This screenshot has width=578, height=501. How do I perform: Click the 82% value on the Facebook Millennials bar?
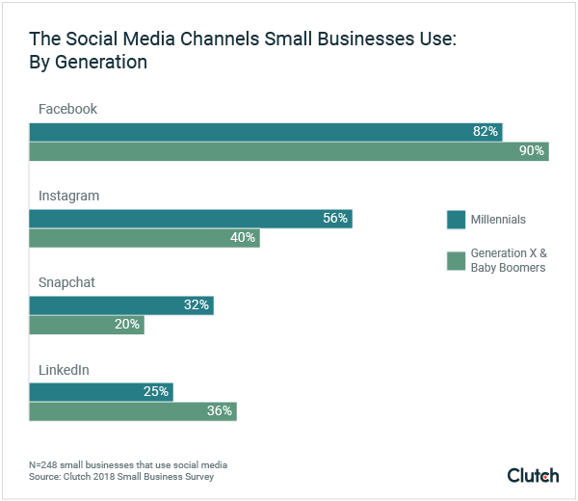tap(485, 132)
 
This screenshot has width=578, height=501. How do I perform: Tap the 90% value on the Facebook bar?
tap(532, 151)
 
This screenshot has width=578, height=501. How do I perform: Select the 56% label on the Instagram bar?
tap(334, 219)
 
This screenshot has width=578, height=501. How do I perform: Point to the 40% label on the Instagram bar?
tap(243, 238)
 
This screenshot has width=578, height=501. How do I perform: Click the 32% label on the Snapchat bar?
tap(196, 305)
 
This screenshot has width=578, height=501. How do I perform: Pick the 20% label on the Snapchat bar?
tap(127, 325)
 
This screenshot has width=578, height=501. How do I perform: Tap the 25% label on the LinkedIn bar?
tap(156, 392)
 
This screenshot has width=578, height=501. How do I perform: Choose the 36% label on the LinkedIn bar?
tap(219, 411)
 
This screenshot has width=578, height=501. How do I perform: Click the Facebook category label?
tap(67, 109)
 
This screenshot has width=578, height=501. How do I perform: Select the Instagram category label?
tap(68, 196)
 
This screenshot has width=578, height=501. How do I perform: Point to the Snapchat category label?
tap(66, 282)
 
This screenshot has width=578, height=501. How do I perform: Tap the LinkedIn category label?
tap(66, 369)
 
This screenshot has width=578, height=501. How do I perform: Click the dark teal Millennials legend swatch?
tap(457, 220)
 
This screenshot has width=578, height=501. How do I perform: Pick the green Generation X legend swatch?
tap(457, 260)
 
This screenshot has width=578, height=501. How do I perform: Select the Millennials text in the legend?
tap(498, 220)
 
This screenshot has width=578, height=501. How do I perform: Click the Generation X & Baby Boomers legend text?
tap(508, 260)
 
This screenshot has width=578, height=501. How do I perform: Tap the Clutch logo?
tap(533, 475)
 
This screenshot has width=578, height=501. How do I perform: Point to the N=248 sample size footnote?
tap(128, 465)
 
